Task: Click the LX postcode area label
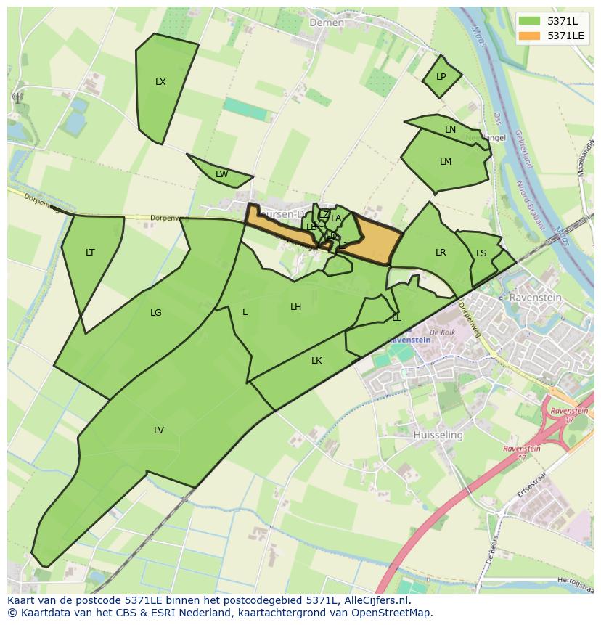[160, 82]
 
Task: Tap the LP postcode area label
[441, 77]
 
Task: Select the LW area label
[221, 174]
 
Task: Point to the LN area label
[450, 130]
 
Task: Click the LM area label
[446, 162]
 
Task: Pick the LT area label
[90, 253]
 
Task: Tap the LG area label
[155, 313]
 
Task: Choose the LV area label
[158, 430]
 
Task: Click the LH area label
[295, 307]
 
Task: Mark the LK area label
[316, 361]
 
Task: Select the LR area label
[441, 253]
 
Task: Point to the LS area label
[481, 253]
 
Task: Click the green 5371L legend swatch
[529, 20]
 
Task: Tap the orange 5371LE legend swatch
[529, 35]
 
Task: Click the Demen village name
[327, 23]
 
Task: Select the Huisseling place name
[438, 435]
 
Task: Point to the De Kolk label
[442, 332]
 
